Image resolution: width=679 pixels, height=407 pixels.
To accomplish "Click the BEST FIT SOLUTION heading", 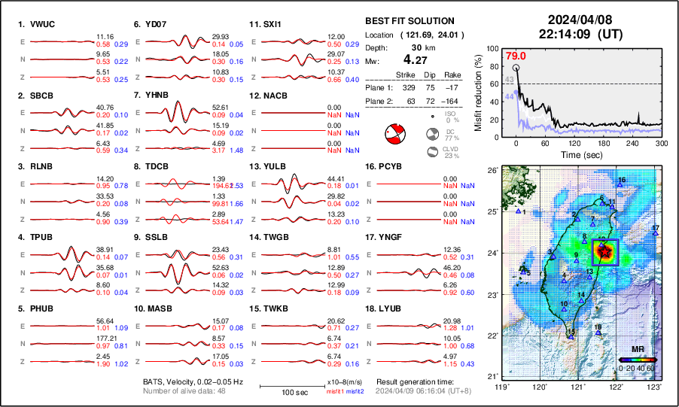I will (410, 21).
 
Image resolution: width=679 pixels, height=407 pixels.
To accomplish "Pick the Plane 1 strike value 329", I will (407, 87).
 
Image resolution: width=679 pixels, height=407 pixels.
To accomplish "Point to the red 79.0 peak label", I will (516, 56).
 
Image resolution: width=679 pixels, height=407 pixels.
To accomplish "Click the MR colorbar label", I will (637, 350).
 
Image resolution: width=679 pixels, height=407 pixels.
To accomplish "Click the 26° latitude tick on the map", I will (491, 171).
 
